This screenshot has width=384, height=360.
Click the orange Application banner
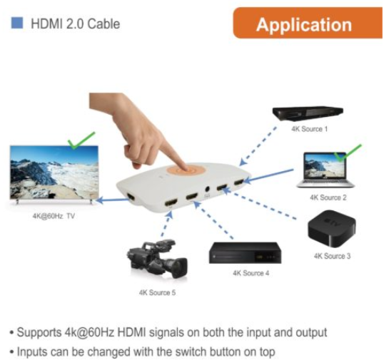click(x=308, y=23)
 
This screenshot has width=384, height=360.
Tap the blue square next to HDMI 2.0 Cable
click(x=17, y=23)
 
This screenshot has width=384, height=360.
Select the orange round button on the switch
click(x=185, y=170)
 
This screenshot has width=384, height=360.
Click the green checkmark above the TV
click(x=81, y=140)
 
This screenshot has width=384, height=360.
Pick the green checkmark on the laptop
click(x=348, y=153)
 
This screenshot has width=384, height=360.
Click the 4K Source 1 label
click(x=309, y=129)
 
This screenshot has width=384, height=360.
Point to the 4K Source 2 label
click(x=328, y=197)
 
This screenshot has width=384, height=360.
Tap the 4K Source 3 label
click(x=332, y=256)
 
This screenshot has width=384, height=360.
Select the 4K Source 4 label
click(x=251, y=273)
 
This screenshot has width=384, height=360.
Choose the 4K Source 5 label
click(x=157, y=292)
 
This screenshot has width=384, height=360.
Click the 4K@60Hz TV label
click(x=54, y=216)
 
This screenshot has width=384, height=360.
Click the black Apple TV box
click(x=332, y=228)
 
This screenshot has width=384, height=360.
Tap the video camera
click(x=157, y=259)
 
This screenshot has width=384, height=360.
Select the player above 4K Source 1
click(x=308, y=113)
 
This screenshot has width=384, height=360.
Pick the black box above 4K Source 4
click(x=245, y=253)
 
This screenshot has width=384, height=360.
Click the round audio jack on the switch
click(x=207, y=189)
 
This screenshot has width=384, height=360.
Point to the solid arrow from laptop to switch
click(x=268, y=175)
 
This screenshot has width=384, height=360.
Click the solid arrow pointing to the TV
click(x=112, y=200)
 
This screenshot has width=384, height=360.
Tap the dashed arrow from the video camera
click(x=166, y=224)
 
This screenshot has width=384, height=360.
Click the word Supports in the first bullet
click(x=39, y=333)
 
